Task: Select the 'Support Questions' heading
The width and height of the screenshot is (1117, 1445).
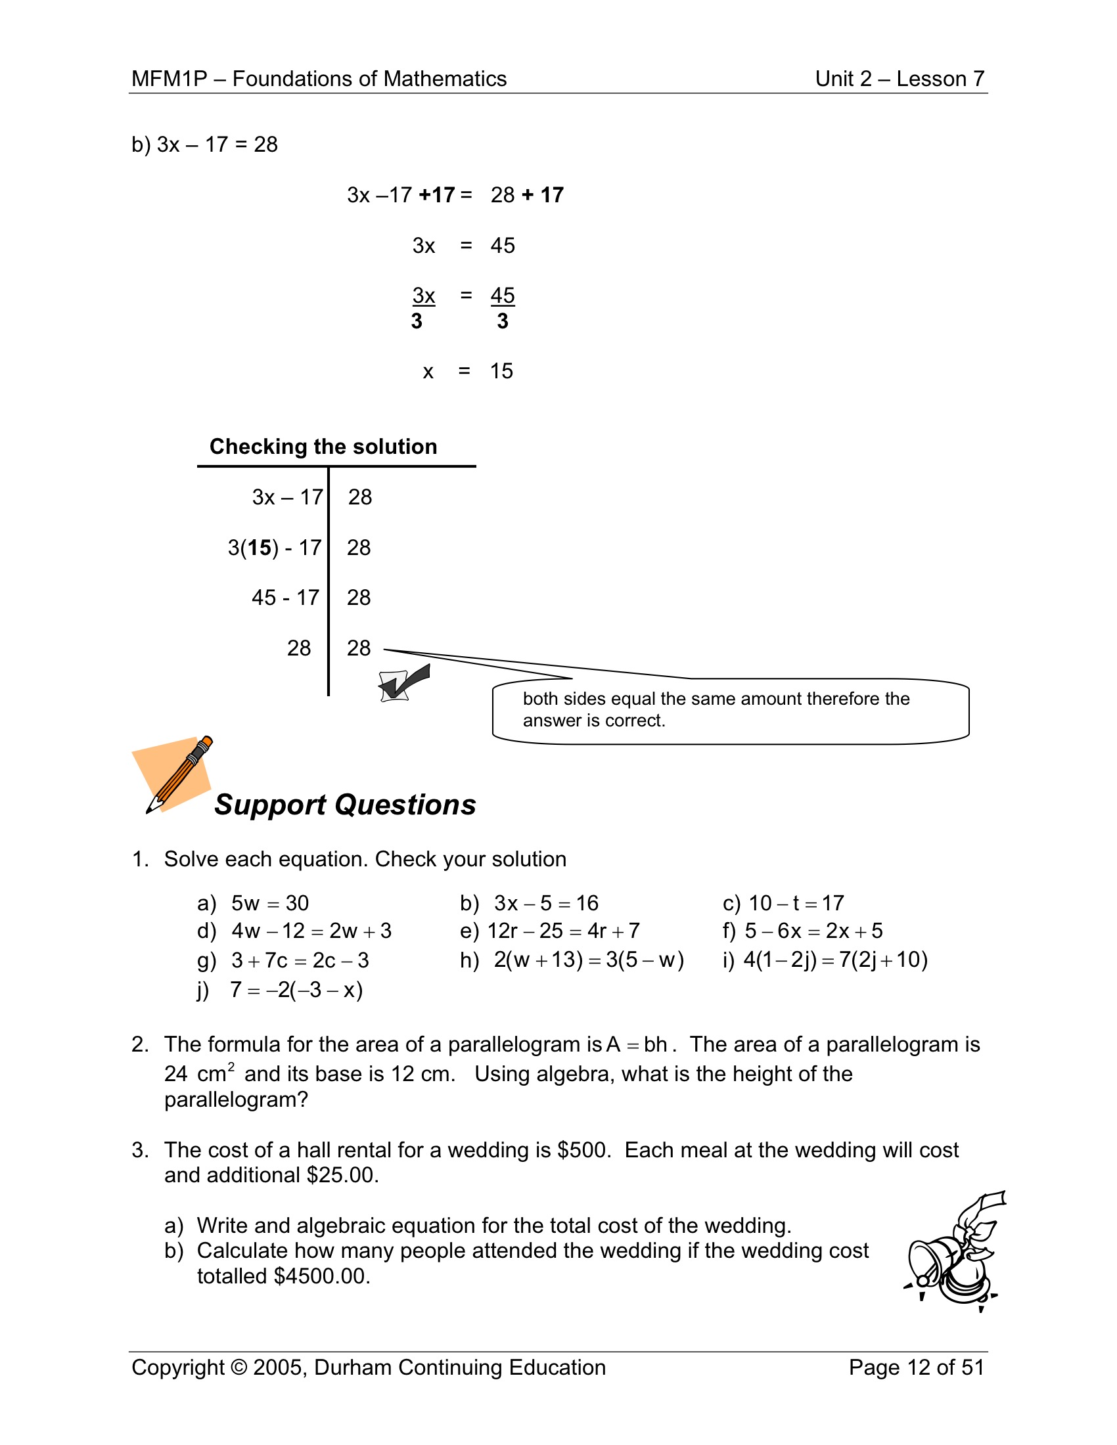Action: pos(345,805)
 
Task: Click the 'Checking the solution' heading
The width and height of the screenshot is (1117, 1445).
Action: pos(323,447)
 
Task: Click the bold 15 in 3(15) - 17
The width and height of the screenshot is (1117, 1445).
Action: pos(260,548)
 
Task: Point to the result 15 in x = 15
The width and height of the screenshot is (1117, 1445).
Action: pos(501,371)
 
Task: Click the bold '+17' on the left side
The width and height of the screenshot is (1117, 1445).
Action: pos(436,195)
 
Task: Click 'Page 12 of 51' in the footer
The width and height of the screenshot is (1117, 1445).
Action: pos(916,1367)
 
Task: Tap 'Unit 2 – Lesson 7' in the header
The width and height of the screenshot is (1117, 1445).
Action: pos(900,79)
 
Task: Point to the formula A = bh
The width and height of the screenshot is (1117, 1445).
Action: pos(637,1044)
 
